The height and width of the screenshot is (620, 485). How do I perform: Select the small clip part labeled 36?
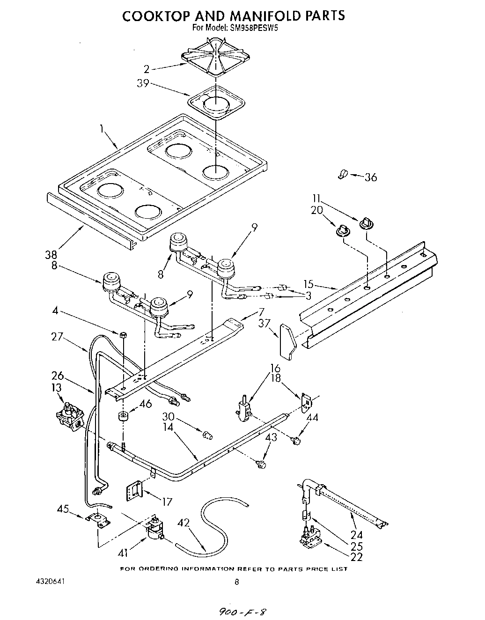click(343, 175)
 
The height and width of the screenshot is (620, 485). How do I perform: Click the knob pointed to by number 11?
click(366, 224)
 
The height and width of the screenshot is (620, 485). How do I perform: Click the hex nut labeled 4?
click(123, 334)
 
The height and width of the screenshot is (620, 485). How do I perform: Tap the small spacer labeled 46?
click(123, 416)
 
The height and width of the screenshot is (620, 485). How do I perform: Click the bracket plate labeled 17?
click(134, 492)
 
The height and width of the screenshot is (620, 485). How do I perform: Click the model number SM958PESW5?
click(256, 28)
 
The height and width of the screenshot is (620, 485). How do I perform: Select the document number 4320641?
click(50, 581)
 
